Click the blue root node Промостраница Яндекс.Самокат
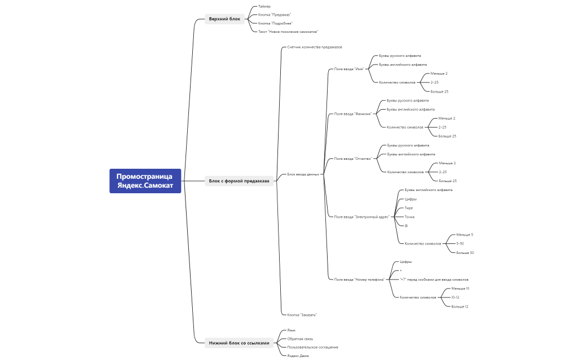point(145,181)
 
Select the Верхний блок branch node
point(225,19)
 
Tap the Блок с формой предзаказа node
point(239,181)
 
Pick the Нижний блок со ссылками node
point(239,343)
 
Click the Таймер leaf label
point(265,6)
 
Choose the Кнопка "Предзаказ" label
point(275,14)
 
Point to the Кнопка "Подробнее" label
point(275,23)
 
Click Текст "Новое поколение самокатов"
point(288,32)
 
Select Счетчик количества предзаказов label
point(315,47)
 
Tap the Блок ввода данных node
point(303,174)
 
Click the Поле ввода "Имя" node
point(349,69)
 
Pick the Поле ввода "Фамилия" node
point(353,114)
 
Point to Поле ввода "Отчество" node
point(353,159)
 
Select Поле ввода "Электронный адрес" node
point(362,217)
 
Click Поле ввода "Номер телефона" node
point(359,280)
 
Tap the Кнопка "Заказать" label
point(302,315)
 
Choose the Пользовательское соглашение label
point(313,347)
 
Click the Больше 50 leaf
point(465,253)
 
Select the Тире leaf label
point(409,208)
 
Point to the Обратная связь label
point(300,339)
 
